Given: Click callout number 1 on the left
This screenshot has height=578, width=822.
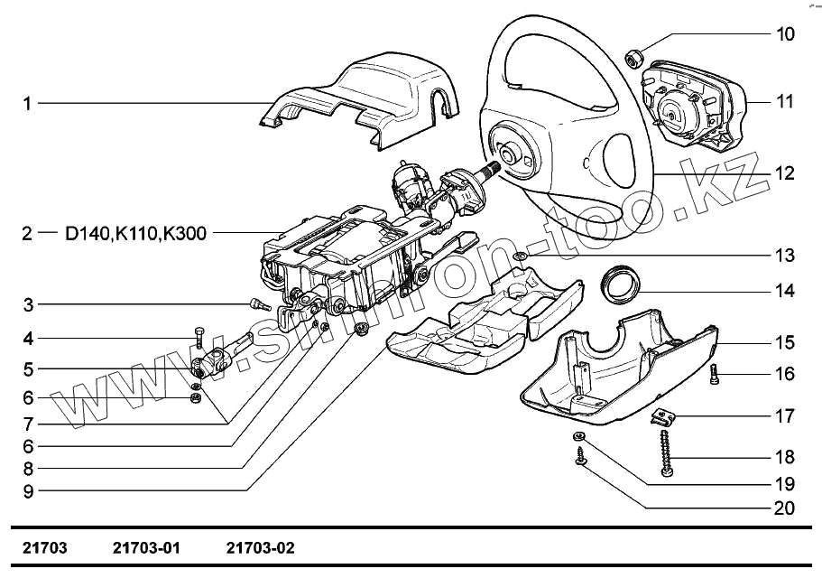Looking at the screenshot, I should tap(27, 104).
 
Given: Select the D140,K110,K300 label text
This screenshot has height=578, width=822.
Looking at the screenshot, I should tap(135, 235).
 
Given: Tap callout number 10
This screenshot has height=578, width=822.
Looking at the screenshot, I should tap(785, 35).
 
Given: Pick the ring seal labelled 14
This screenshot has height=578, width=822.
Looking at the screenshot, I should tap(621, 282).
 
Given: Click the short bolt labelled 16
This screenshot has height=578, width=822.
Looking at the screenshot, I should tap(713, 372).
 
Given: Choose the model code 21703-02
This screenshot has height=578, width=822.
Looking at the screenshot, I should tap(261, 548).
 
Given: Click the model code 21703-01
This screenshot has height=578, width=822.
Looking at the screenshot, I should tap(147, 548).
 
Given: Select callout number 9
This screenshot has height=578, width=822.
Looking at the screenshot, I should tap(28, 492).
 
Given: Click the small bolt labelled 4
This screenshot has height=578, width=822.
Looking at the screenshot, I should tap(199, 339).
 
